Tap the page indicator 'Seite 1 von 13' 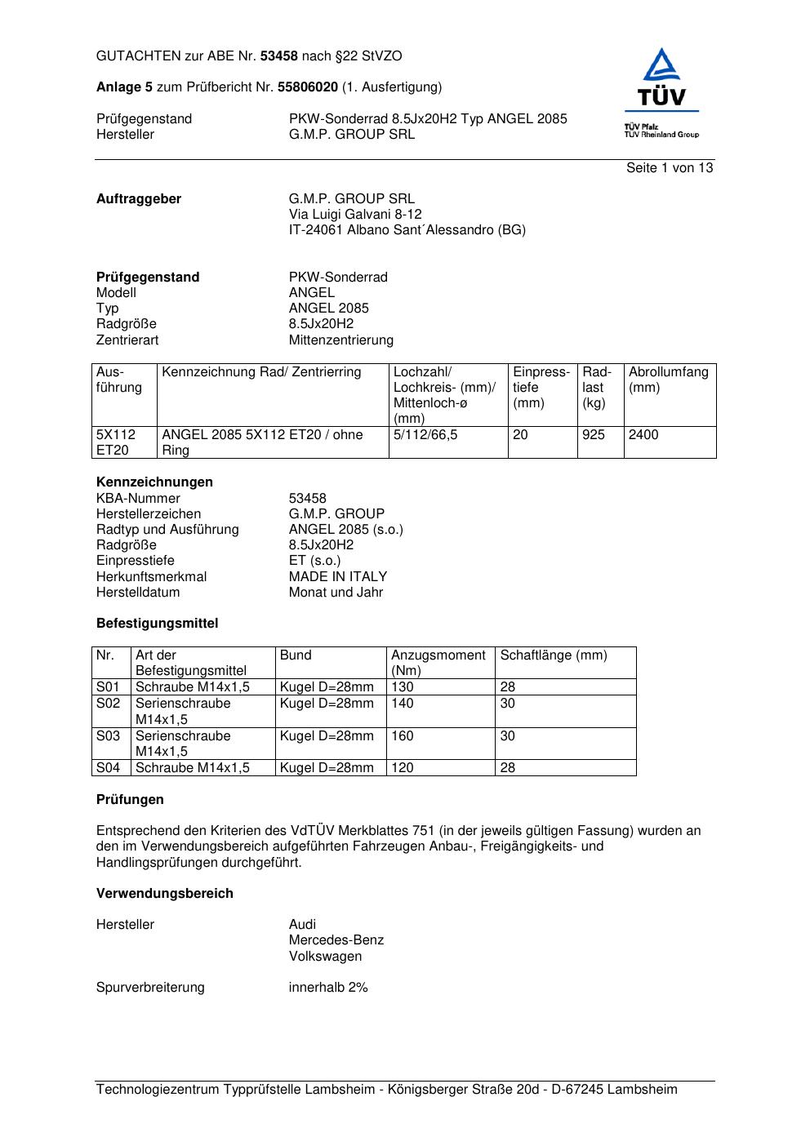669,168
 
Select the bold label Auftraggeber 139,199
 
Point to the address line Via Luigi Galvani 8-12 355,215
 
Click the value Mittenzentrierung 340,340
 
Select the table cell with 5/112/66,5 425,435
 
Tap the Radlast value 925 594,435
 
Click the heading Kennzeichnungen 154,482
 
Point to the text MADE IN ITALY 338,577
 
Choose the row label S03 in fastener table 109,736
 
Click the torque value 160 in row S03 403,736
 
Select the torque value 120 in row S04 403,768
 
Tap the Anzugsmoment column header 438,663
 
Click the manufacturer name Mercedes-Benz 336,940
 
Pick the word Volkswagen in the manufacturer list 325,957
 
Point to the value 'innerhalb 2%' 328,988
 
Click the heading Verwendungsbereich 165,894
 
